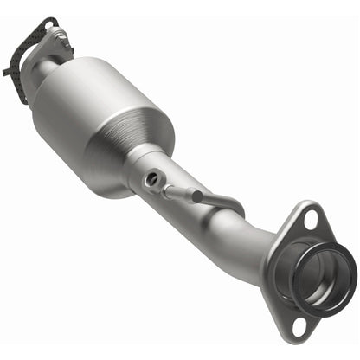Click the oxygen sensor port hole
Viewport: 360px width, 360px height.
coord(152,178)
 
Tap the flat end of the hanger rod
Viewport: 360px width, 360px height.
coord(196,196)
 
